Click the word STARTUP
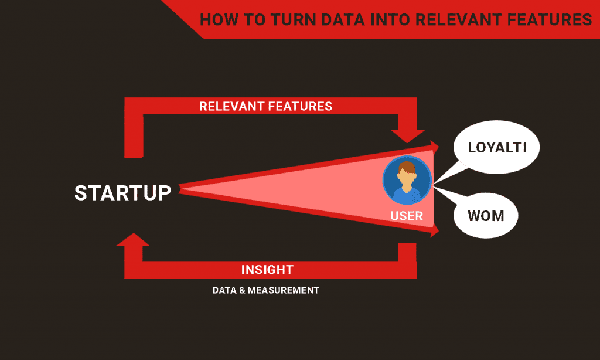tap(122, 193)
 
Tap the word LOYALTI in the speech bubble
tap(497, 147)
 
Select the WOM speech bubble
tap(485, 216)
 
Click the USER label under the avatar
tap(407, 216)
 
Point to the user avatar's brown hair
tap(407, 167)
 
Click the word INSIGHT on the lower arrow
tap(267, 270)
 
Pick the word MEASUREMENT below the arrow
tap(283, 290)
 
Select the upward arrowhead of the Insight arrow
tap(133, 240)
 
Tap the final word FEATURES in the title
tap(550, 20)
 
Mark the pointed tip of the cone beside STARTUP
tap(179, 188)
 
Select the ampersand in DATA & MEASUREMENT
tap(242, 290)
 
